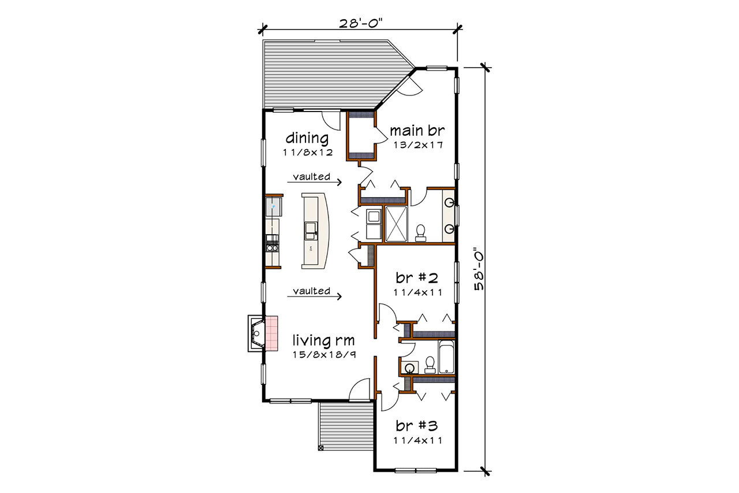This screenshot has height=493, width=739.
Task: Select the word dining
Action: click(x=308, y=138)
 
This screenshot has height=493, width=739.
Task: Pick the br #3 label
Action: click(x=416, y=426)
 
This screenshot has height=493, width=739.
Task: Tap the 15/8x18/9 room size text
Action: click(x=324, y=354)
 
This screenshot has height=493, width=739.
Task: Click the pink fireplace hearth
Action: click(x=271, y=333)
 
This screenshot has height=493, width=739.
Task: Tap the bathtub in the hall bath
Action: click(x=446, y=357)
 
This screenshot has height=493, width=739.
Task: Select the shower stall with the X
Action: click(x=396, y=223)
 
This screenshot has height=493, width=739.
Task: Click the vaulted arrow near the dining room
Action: click(x=315, y=180)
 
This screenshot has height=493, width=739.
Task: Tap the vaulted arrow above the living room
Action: click(x=315, y=294)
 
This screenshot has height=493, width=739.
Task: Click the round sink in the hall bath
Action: click(x=409, y=368)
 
